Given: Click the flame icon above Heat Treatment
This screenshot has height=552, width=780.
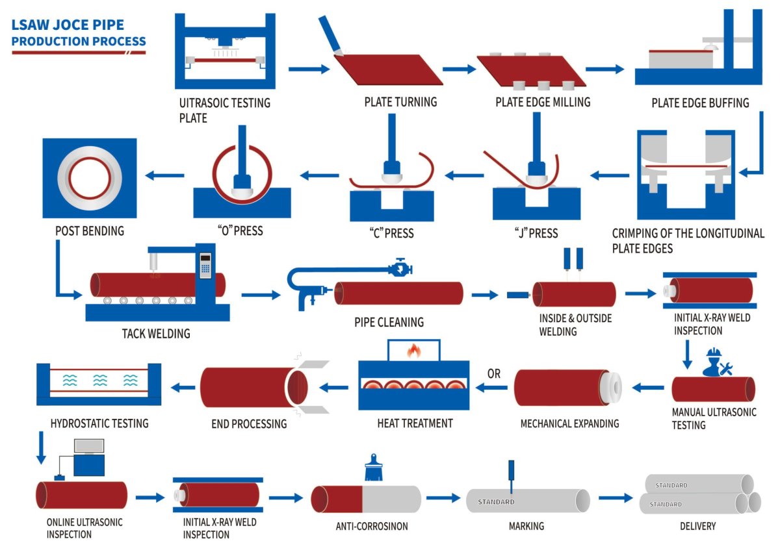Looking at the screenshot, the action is (413, 351).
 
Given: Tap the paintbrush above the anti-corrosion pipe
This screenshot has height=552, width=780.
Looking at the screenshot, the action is (374, 467).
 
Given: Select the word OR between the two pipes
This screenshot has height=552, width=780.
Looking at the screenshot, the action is (494, 374).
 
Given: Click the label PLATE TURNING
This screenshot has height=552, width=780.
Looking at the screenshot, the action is (400, 102).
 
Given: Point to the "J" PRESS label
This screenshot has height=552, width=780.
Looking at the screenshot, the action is (536, 233).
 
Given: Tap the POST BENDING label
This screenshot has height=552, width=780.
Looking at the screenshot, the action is (90, 231).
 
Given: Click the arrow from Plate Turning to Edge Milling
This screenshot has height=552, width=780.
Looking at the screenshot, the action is (460, 69).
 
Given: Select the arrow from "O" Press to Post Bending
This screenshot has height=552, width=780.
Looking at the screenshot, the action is (164, 175).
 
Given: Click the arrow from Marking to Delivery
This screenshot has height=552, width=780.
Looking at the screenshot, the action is (616, 498).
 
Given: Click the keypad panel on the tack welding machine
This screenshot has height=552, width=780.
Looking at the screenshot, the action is (205, 266).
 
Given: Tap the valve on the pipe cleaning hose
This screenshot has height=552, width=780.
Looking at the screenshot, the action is (401, 268).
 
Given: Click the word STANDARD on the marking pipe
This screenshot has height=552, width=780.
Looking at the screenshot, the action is (496, 502).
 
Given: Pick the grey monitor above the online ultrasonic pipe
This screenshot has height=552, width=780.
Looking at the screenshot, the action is (89, 446).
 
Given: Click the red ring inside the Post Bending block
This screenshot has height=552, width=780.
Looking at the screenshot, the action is (90, 178).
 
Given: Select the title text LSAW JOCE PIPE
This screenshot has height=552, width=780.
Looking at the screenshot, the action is (68, 25).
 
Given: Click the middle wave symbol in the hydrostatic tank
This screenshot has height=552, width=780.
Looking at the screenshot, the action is (100, 381).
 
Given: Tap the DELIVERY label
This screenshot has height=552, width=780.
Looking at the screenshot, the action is (698, 526).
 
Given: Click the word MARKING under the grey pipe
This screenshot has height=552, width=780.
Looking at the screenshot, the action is (526, 526).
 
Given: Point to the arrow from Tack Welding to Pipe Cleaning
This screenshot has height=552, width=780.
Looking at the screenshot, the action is (261, 295).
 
